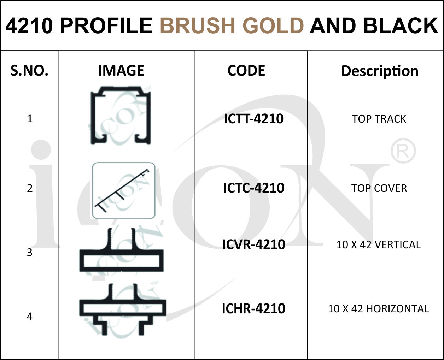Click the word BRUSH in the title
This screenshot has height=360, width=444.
[198, 25]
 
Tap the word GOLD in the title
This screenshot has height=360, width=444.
[273, 25]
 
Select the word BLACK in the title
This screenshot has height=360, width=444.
[401, 25]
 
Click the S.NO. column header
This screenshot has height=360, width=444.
[29, 70]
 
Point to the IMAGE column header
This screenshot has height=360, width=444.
[121, 70]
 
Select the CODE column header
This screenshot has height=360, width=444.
[246, 70]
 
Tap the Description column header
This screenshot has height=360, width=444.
[380, 71]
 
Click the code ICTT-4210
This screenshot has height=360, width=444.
[254, 119]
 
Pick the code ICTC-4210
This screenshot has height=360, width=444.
[254, 188]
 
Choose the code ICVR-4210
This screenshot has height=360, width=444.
[254, 244]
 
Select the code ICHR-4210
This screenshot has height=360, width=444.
[253, 308]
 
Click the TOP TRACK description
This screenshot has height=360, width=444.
[379, 119]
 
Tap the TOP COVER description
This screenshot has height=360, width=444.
[379, 188]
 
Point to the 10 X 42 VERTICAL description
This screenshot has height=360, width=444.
[379, 244]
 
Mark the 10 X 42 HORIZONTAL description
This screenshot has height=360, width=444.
[379, 309]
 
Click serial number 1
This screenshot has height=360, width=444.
[30, 119]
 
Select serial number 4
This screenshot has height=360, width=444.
[30, 317]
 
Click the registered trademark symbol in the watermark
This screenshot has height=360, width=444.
[403, 151]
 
